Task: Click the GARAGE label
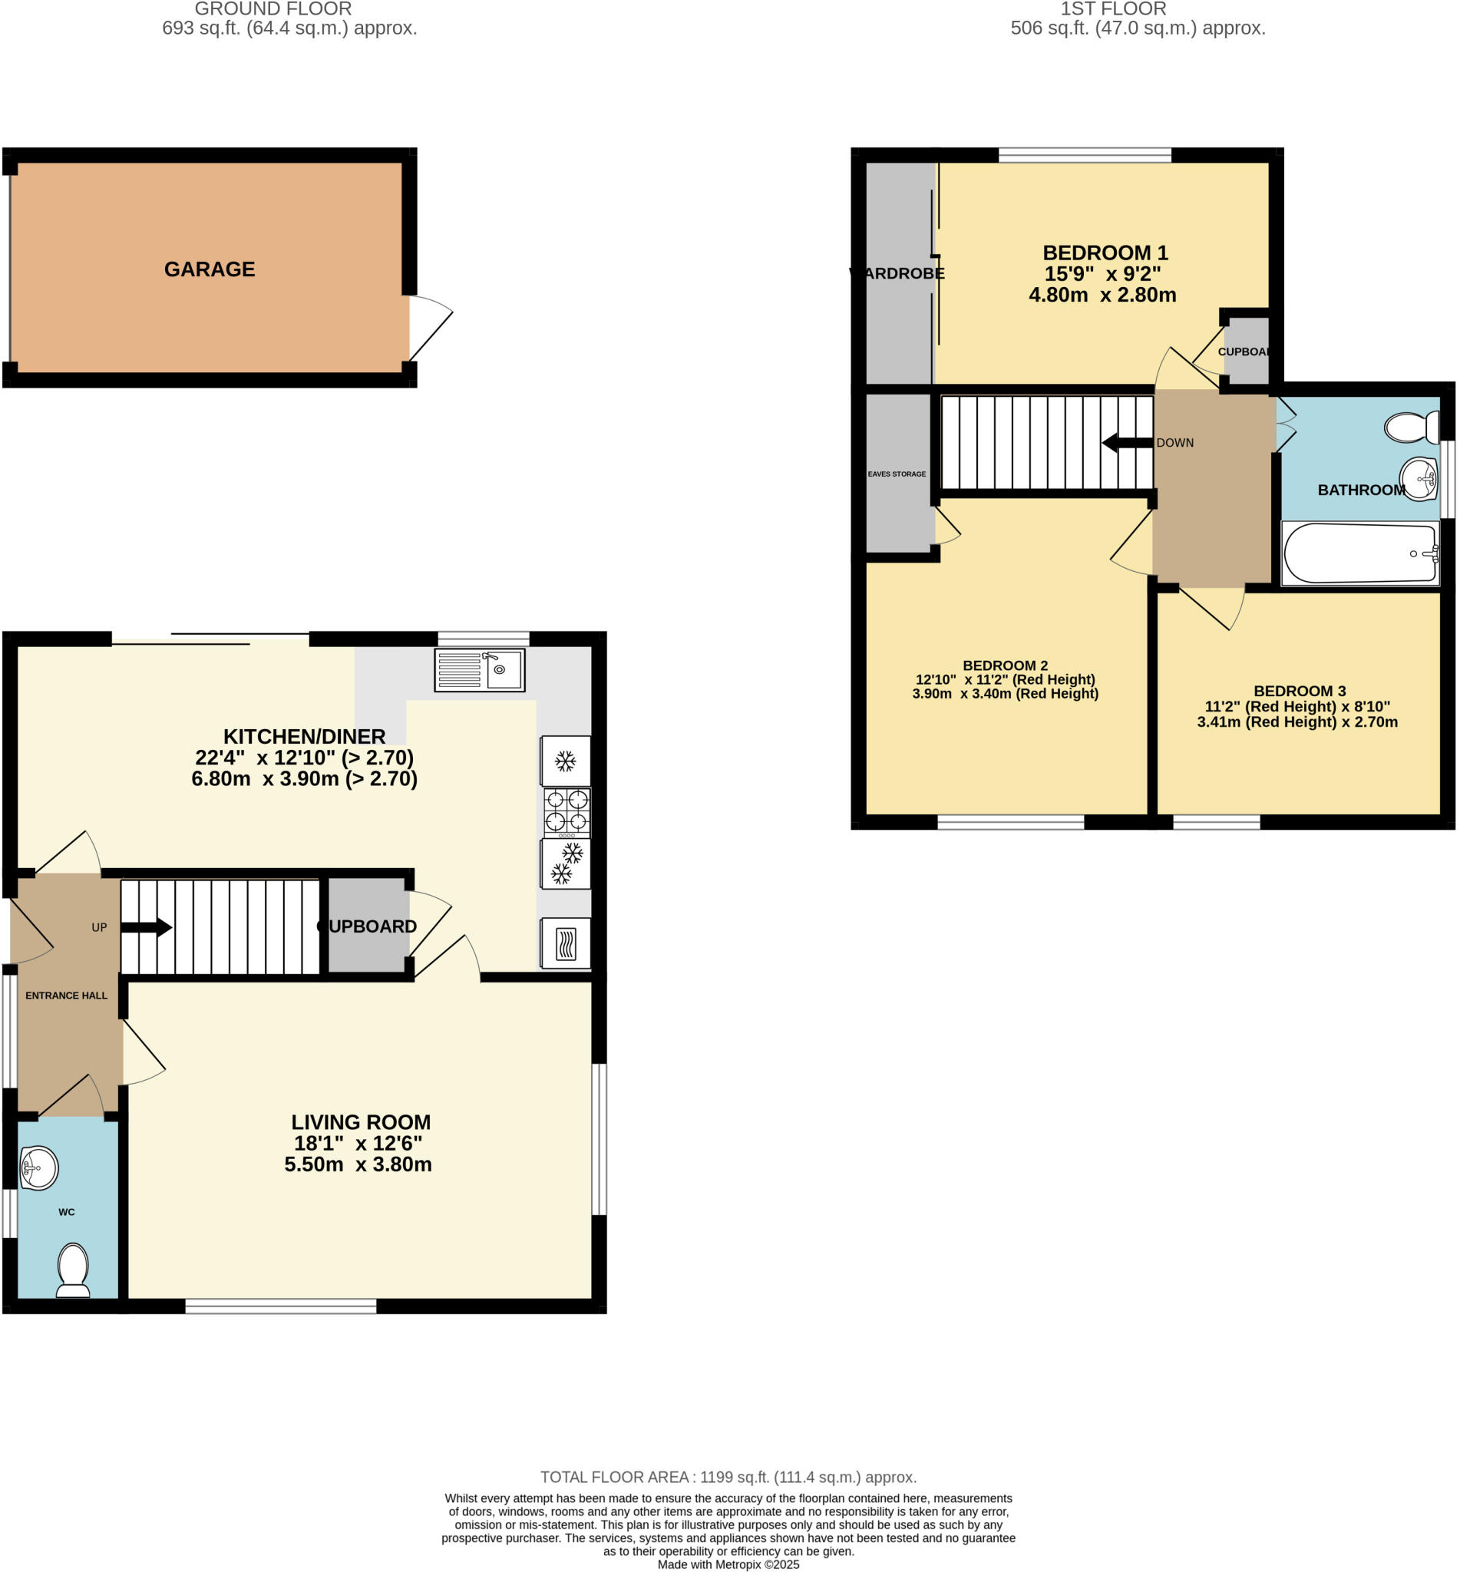[x=210, y=269]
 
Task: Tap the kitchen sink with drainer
[x=479, y=670]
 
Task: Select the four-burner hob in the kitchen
[x=566, y=812]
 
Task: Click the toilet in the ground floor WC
[x=74, y=1270]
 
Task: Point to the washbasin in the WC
[x=38, y=1168]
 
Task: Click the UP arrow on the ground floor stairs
[x=147, y=927]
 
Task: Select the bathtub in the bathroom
[x=1359, y=553]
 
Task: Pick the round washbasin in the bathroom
[x=1419, y=479]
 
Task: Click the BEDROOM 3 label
[x=1300, y=690]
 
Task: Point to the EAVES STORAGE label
[x=897, y=474]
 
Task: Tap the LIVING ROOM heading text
[x=361, y=1121]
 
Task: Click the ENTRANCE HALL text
[x=66, y=996]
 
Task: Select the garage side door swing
[x=428, y=325]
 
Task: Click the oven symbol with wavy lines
[x=566, y=943]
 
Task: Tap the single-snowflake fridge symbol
[x=566, y=761]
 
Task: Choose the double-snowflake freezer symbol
[x=566, y=864]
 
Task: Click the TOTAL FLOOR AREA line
[x=728, y=1476]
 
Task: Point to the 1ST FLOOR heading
[x=1112, y=9]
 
